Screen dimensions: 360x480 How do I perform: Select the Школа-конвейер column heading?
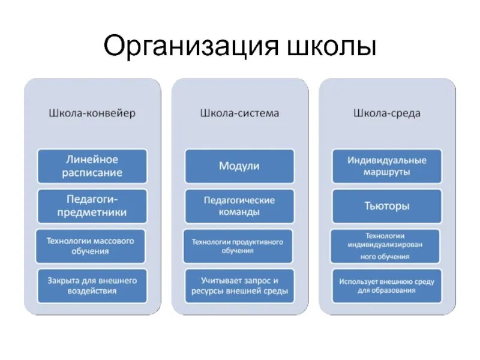(x=92, y=113)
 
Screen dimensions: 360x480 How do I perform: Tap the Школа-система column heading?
(x=239, y=113)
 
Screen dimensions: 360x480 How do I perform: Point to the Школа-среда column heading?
(x=387, y=113)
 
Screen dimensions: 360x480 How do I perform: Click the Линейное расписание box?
(x=92, y=166)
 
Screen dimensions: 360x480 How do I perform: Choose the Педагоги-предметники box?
(x=92, y=206)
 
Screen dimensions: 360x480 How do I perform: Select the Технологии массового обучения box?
(x=91, y=245)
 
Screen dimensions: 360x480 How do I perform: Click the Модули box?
(x=239, y=166)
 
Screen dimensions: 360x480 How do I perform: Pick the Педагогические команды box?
(x=239, y=206)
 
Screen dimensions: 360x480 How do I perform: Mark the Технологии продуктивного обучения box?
(x=238, y=245)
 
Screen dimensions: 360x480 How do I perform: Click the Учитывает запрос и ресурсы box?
(x=239, y=286)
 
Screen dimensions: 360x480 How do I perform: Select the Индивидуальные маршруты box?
(x=387, y=166)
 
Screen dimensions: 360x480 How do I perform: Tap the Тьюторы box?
(x=387, y=206)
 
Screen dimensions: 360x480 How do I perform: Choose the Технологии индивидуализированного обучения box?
(x=386, y=245)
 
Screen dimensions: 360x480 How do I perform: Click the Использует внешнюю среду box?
(x=386, y=286)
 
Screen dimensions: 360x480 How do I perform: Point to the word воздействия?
(x=92, y=292)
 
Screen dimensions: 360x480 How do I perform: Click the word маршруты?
(x=387, y=173)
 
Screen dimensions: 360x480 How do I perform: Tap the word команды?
(x=239, y=212)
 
